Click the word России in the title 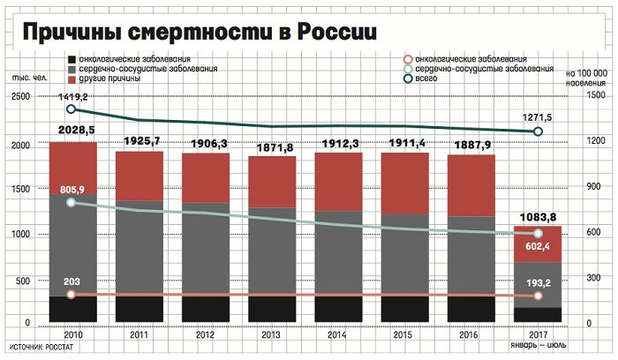click(330, 33)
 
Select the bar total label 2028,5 click(72, 131)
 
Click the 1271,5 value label click(538, 117)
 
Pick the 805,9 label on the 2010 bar click(72, 190)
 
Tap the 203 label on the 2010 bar click(72, 281)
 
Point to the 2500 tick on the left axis click(20, 97)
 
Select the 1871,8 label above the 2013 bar click(272, 148)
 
